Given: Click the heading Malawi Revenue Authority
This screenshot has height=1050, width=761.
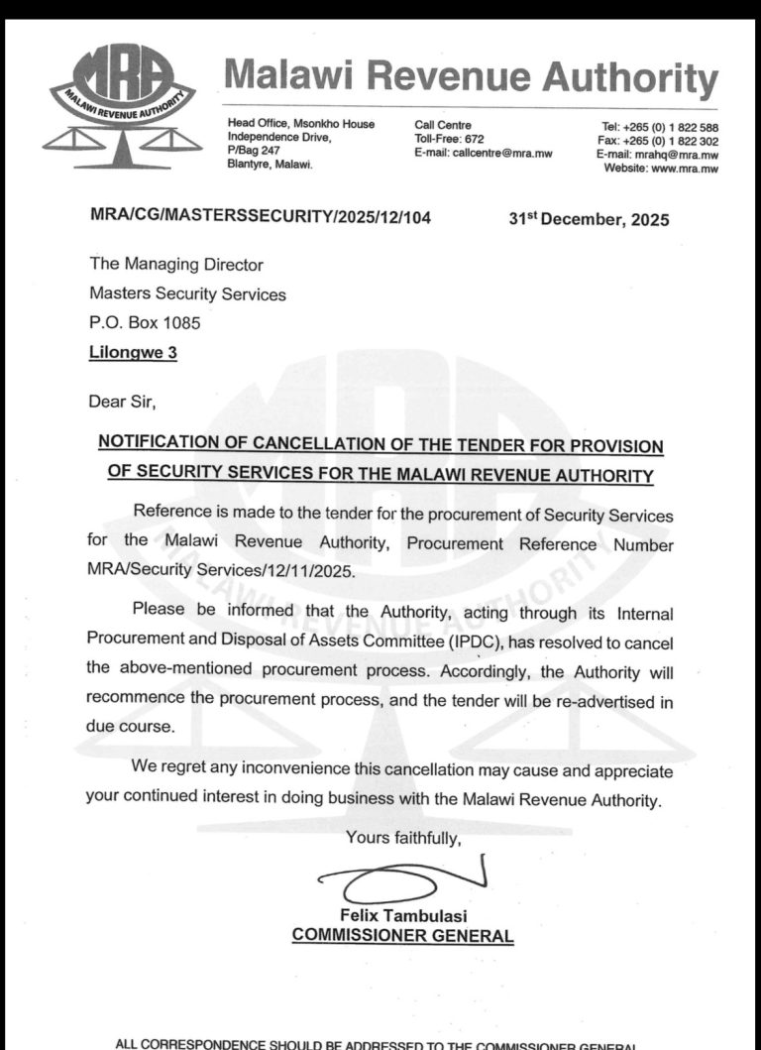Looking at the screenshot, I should (x=471, y=77).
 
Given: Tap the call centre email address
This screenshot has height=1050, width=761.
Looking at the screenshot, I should (x=483, y=153).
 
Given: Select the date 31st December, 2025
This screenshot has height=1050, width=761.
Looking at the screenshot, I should (x=589, y=220).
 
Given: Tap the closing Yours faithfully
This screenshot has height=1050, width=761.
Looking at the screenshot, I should (x=403, y=839).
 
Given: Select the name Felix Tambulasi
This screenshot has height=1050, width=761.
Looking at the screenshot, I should (x=401, y=916).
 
